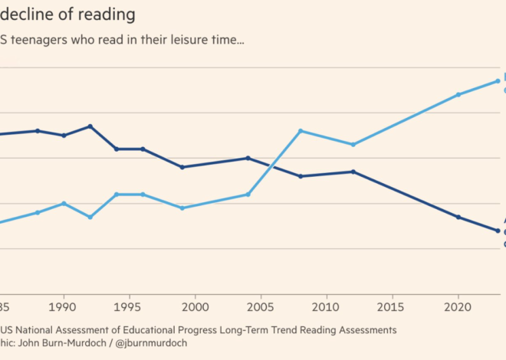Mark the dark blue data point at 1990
click(64, 136)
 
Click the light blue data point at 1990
click(64, 203)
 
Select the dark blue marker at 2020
click(458, 218)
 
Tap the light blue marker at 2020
click(458, 95)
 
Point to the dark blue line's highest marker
click(90, 126)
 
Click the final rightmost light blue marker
click(498, 81)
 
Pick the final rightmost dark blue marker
click(498, 231)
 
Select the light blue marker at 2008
click(301, 131)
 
